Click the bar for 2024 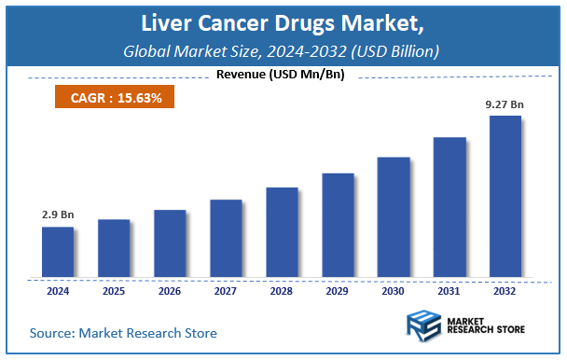(x=58, y=252)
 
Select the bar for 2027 (x=226, y=239)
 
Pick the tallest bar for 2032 (x=505, y=197)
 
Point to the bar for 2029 (x=338, y=226)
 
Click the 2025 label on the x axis (x=114, y=291)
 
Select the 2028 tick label (x=282, y=291)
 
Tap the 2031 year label (x=449, y=291)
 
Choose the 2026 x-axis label (x=170, y=291)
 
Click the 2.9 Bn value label (x=58, y=215)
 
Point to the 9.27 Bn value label (x=505, y=104)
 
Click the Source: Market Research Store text (x=123, y=333)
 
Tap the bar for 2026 (x=170, y=243)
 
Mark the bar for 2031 (x=449, y=207)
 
